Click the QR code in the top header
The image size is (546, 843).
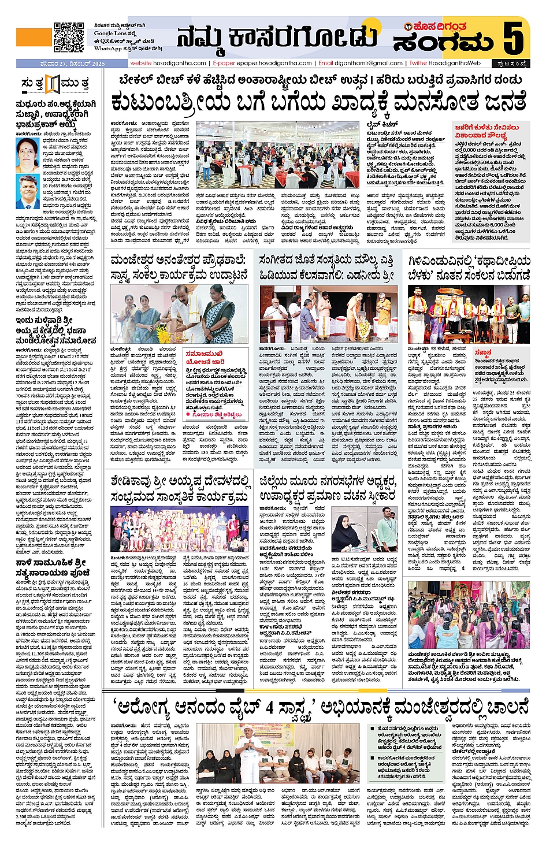tap(68, 37)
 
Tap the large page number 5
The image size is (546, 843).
tap(512, 37)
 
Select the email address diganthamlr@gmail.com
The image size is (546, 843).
tap(369, 63)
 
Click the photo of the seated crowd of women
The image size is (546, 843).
tap(468, 613)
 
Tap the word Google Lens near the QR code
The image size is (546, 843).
tap(111, 34)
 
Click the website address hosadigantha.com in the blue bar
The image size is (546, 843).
tap(179, 63)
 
